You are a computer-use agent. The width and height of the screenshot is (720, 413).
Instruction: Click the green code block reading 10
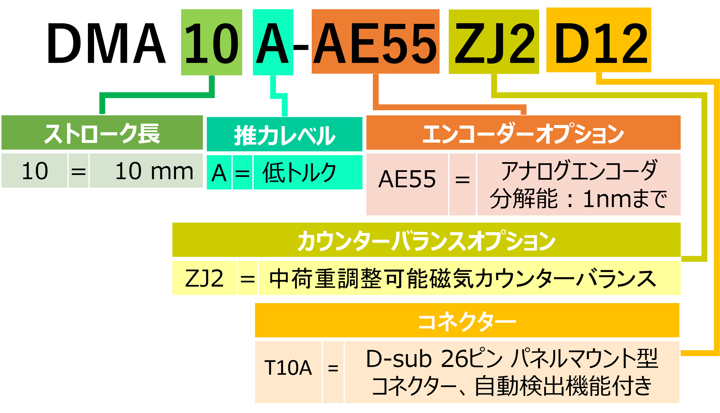[212, 42]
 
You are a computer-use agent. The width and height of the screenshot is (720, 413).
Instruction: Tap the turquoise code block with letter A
[273, 42]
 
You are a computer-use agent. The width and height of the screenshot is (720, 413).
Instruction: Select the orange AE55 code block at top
[375, 42]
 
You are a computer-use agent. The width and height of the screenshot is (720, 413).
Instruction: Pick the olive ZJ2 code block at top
[494, 42]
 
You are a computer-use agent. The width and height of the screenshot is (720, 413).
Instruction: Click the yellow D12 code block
[599, 40]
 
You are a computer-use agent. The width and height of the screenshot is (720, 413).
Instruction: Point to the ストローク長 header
[102, 133]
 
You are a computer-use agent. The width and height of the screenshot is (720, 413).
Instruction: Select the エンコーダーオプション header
[523, 133]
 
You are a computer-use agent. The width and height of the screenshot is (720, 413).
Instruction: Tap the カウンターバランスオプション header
[426, 240]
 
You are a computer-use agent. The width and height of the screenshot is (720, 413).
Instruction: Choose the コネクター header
[467, 321]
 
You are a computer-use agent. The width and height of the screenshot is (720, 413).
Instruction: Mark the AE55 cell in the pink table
[407, 179]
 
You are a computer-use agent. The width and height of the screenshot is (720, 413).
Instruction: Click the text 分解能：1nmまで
[579, 199]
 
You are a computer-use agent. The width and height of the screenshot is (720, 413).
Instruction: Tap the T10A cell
[288, 368]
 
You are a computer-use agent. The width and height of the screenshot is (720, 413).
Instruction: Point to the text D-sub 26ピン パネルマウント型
[512, 359]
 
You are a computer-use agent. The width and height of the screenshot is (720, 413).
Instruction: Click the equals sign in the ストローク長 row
[78, 171]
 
